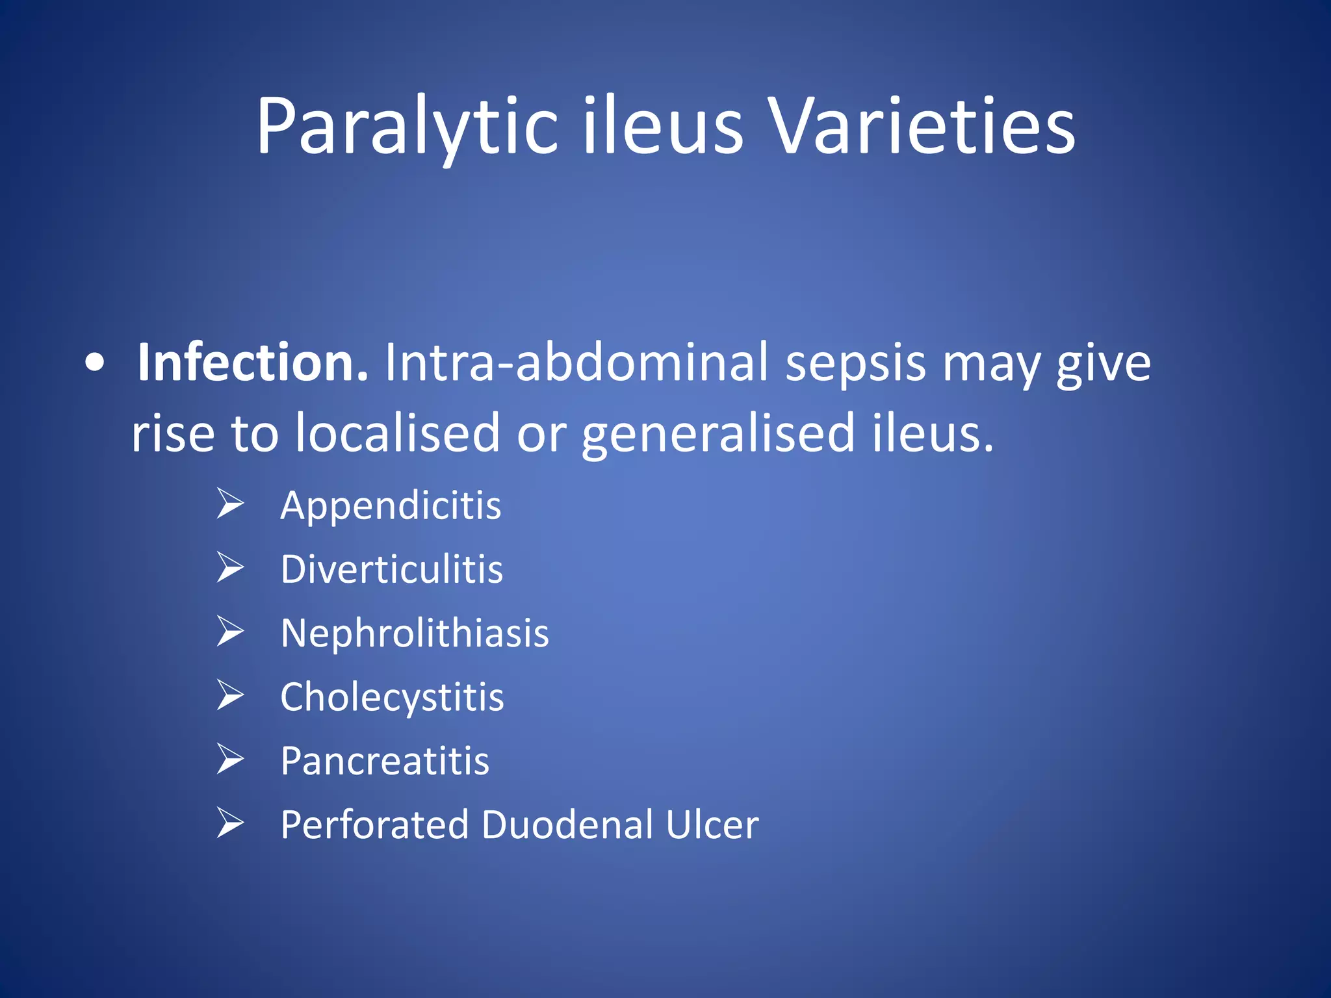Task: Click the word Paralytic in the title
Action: pos(407,127)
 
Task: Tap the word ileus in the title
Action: pos(662,127)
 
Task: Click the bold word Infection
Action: pos(252,362)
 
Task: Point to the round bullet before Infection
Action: pos(95,365)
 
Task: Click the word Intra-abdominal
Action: pos(576,362)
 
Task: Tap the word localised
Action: pos(397,433)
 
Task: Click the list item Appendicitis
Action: pos(391,505)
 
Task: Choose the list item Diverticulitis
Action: pos(391,569)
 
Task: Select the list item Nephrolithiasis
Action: pos(415,633)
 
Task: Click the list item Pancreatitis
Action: pos(385,760)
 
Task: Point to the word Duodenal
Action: pos(567,825)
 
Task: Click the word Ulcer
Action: pos(712,825)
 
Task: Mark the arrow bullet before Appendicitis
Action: pos(230,504)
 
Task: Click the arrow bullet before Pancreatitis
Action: pos(230,759)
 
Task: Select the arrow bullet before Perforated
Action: pos(230,823)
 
